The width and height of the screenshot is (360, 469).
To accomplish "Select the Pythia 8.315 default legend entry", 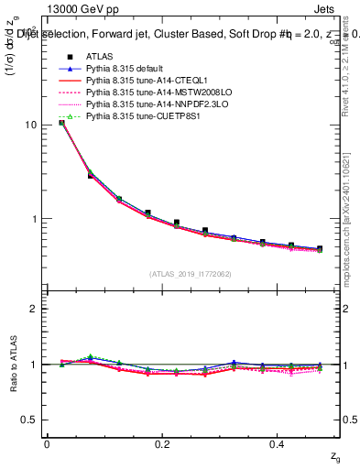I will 125,70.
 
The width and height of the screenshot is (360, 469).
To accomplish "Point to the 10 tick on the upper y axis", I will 32,125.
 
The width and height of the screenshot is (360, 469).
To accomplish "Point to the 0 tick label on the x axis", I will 47,444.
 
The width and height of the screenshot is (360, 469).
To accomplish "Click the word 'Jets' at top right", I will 338,8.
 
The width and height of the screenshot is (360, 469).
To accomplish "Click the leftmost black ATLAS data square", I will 61,122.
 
